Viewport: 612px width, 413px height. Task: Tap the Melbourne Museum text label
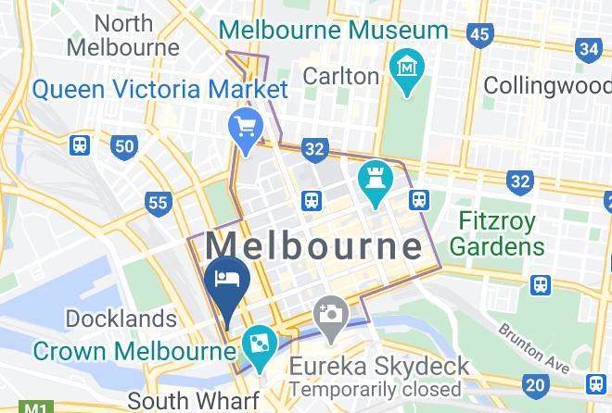tap(333, 29)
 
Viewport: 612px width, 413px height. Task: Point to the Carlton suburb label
tap(341, 75)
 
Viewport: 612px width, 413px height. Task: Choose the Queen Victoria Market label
tap(160, 90)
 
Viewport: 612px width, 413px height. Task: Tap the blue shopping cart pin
tap(247, 127)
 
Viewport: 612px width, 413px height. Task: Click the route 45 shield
tap(479, 35)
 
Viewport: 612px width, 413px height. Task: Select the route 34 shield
tap(588, 49)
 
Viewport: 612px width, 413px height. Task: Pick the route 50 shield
tap(124, 145)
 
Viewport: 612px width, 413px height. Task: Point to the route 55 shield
tap(159, 203)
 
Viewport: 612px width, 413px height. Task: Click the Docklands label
tap(121, 319)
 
